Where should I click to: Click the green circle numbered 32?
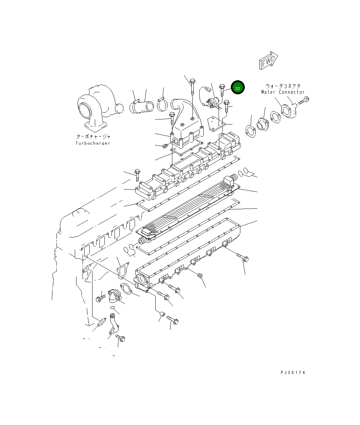[x=237, y=88]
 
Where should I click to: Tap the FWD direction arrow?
[x=269, y=61]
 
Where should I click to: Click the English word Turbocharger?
[x=93, y=143]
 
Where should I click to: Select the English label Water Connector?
[x=283, y=92]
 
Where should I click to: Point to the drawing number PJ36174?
[x=293, y=372]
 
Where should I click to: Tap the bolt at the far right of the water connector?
[x=303, y=100]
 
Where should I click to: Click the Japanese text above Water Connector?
[x=283, y=86]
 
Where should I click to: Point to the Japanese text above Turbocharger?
[x=93, y=136]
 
